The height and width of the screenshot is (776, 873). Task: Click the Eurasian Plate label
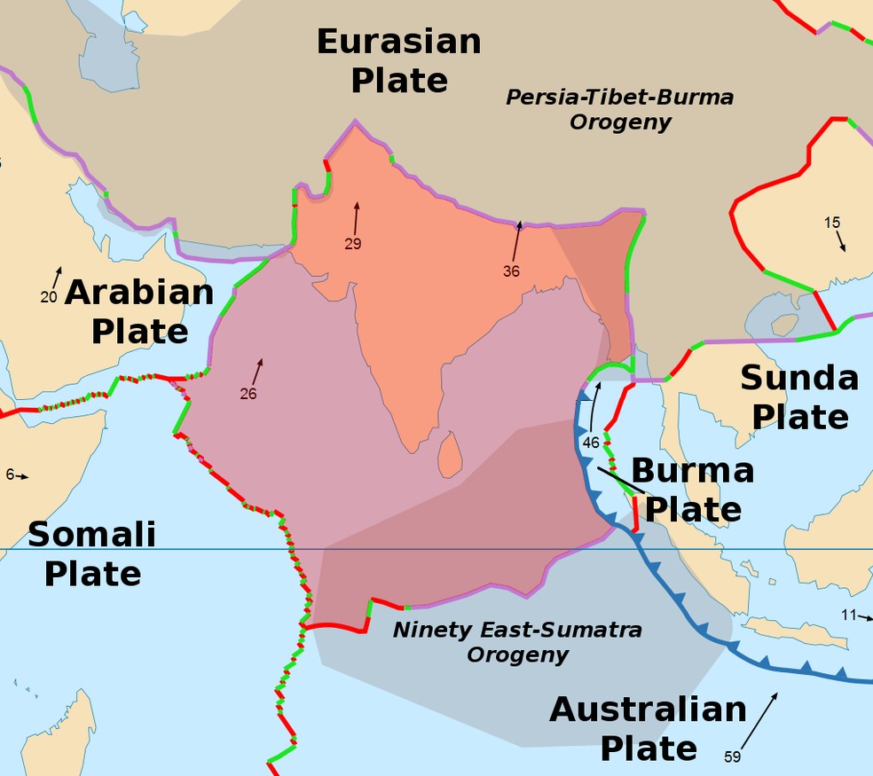pos(398,60)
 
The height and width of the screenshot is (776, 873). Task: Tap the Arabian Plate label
pos(139,311)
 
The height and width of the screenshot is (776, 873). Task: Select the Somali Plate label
pos(92,554)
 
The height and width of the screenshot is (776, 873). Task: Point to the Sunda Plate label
pos(799,397)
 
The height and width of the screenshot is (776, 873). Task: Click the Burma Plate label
pos(692,490)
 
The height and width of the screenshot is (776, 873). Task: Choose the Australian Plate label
pos(649,728)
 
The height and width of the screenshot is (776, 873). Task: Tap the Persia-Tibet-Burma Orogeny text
pos(620,109)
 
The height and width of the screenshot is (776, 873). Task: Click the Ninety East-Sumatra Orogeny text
pos(517,643)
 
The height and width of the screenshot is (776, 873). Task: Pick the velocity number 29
pos(353,244)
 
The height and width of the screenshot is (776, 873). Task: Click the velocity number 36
pos(511,271)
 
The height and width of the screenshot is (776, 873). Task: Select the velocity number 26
pos(248,394)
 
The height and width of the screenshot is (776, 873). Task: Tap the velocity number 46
pos(591,442)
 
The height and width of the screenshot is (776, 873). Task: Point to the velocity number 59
pos(732,756)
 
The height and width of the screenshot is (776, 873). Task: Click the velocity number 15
pos(831,223)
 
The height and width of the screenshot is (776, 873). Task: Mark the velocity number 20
pos(49,297)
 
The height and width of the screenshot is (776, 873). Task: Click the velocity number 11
pos(849,615)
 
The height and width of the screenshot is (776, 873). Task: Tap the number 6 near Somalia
pos(10,474)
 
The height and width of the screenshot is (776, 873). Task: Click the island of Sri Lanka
pos(450,453)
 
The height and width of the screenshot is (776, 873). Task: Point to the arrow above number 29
pos(357,216)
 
